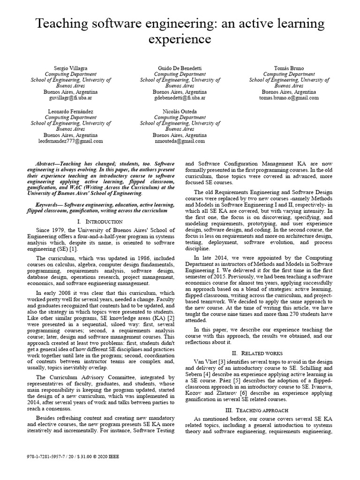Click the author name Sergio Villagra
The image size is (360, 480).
pos(70,68)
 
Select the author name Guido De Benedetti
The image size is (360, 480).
pos(180,68)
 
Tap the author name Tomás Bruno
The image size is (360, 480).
pos(288,68)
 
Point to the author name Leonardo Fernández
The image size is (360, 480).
pos(70,111)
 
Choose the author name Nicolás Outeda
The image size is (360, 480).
pos(180,111)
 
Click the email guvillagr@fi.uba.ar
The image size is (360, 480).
pos(70,98)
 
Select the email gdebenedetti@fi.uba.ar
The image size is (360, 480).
pos(180,98)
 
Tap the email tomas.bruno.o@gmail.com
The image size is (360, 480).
pos(288,98)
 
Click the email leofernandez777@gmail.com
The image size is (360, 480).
pos(70,141)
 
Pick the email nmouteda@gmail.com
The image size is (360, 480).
pos(180,141)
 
